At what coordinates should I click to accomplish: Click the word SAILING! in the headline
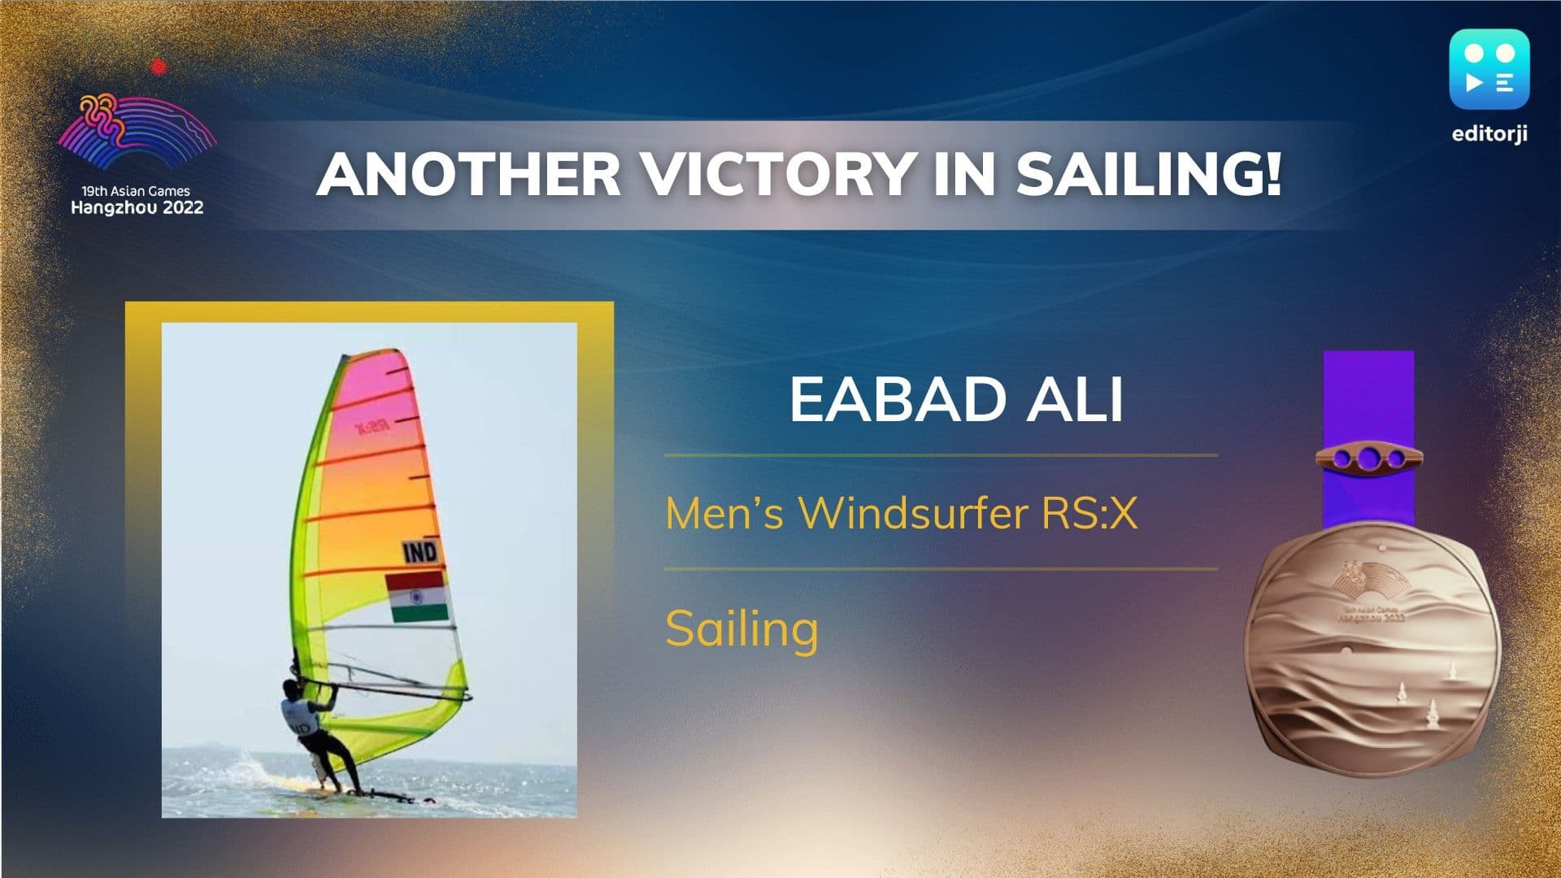(x=1149, y=173)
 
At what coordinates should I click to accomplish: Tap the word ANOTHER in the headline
(x=469, y=173)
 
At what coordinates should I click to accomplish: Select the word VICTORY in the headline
(x=778, y=173)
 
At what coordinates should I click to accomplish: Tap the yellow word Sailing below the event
(x=741, y=628)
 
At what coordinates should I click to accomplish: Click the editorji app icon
(x=1489, y=70)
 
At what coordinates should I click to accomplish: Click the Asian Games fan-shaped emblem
(x=137, y=131)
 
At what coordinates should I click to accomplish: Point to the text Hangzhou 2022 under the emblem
(x=137, y=208)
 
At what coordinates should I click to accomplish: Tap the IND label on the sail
(x=420, y=552)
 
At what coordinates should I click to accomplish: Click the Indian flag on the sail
(x=417, y=597)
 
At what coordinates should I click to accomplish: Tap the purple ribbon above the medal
(x=1368, y=439)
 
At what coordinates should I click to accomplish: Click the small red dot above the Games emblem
(x=159, y=67)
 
